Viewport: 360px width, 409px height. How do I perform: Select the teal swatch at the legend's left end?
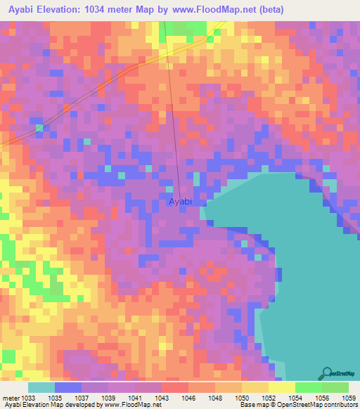click(x=41, y=387)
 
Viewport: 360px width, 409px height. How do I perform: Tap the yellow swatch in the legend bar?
click(x=281, y=387)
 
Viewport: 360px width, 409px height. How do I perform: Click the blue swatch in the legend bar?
click(x=68, y=387)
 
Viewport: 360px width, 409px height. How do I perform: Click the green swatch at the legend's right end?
click(x=335, y=387)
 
